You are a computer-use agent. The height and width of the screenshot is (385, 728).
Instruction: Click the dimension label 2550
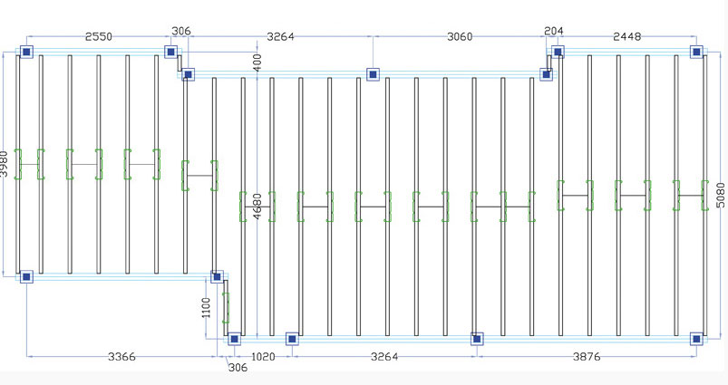[x=99, y=36]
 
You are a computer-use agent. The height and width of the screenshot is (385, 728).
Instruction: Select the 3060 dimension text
[x=460, y=36]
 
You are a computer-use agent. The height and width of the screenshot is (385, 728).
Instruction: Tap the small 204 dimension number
[x=553, y=31]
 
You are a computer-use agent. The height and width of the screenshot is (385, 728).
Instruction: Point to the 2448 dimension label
[x=626, y=36]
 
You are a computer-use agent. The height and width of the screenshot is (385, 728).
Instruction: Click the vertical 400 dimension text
[x=257, y=62]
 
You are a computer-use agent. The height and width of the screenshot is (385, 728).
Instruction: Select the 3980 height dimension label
[x=4, y=164]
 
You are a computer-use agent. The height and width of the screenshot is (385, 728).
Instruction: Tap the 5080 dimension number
[x=720, y=195]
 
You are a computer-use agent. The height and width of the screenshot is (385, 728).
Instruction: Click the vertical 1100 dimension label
[x=207, y=307]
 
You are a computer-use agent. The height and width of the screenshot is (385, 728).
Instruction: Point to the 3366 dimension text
[x=121, y=357]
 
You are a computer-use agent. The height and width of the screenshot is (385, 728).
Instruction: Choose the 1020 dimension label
[x=263, y=357]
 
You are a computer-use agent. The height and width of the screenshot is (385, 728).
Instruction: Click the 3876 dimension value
[x=587, y=357]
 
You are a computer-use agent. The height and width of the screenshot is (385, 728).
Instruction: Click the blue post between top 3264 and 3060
[x=373, y=74]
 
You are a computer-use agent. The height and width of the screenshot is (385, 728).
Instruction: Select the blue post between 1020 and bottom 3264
[x=292, y=339]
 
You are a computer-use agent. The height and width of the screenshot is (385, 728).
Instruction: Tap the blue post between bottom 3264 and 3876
[x=477, y=339]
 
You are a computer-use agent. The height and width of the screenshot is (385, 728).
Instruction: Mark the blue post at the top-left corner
[x=26, y=52]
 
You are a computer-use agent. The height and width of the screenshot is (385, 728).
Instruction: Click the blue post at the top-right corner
[x=696, y=52]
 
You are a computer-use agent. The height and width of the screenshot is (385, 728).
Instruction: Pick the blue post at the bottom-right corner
[x=696, y=339]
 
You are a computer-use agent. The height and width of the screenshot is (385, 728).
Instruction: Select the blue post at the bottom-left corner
[x=26, y=277]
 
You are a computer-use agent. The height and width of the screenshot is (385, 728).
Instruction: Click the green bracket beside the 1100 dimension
[x=226, y=307]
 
